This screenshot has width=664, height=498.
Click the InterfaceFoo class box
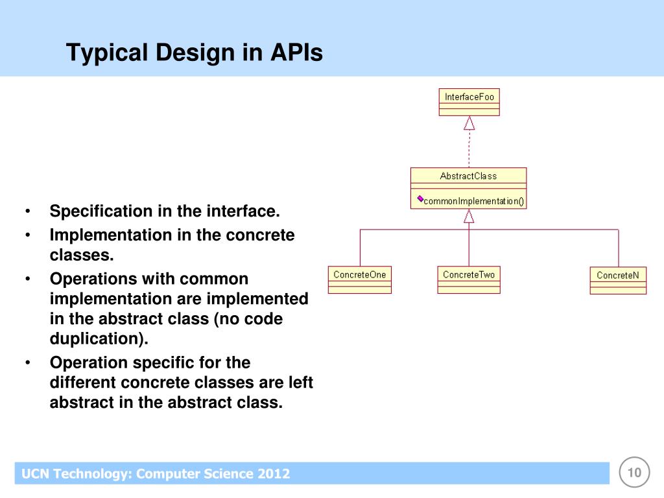tap(469, 102)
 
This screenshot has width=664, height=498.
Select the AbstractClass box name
tap(468, 176)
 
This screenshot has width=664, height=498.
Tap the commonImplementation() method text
tap(474, 201)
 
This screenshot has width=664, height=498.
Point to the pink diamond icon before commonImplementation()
tap(420, 198)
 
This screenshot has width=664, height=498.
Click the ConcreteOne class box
tap(360, 279)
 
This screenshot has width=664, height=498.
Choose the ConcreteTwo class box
tap(469, 279)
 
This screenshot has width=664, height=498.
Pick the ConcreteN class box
tap(618, 280)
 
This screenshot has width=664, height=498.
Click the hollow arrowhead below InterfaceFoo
tap(469, 123)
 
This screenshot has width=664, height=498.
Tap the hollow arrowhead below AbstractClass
tap(469, 217)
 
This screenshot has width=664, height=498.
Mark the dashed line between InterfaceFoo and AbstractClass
tap(469, 148)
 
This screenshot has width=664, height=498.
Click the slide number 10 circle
tap(634, 472)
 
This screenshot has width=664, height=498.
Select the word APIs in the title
tap(296, 53)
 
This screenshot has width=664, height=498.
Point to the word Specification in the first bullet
tap(101, 211)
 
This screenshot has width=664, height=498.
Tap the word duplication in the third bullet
tap(97, 338)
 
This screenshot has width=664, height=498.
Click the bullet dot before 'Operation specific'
tap(28, 362)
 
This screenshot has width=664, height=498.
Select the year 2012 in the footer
tap(272, 473)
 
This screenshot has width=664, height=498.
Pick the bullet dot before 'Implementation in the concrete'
tap(28, 235)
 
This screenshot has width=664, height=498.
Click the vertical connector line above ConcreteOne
tap(361, 248)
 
